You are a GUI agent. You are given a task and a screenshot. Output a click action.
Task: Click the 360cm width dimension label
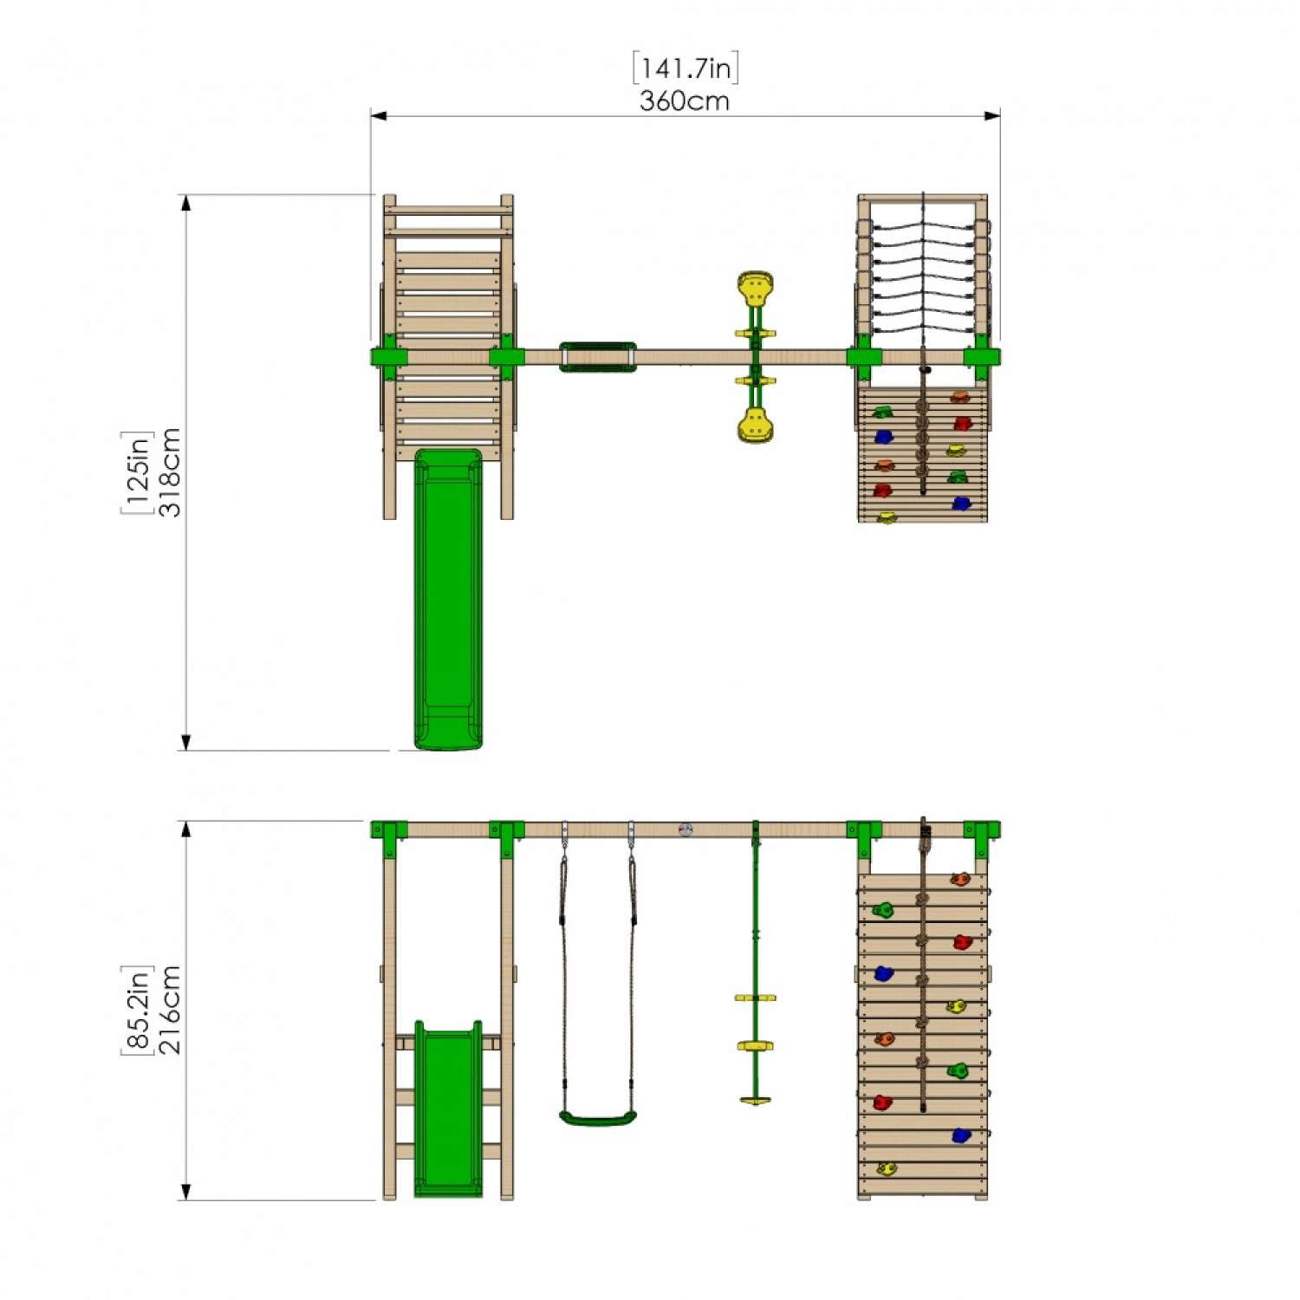[685, 101]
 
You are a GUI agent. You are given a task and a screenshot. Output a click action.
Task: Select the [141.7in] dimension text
[686, 68]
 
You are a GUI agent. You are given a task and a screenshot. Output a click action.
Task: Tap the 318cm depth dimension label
[170, 472]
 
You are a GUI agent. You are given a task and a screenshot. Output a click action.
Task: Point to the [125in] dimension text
[137, 472]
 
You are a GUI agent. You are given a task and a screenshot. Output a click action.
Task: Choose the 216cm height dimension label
[170, 1010]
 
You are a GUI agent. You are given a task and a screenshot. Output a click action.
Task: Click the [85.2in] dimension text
[137, 1010]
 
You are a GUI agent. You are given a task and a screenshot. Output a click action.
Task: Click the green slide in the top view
[448, 599]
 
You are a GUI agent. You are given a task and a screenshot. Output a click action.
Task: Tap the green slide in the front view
[448, 1108]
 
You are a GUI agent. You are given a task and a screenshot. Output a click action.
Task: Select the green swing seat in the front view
[598, 1117]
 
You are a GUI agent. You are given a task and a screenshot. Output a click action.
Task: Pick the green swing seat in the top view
[597, 357]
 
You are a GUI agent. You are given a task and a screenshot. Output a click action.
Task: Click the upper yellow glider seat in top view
[755, 289]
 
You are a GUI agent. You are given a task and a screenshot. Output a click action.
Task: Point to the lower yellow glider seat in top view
[755, 426]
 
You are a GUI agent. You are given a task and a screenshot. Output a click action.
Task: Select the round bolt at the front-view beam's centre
[686, 829]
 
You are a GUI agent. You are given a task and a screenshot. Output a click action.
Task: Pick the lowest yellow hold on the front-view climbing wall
[886, 1169]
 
